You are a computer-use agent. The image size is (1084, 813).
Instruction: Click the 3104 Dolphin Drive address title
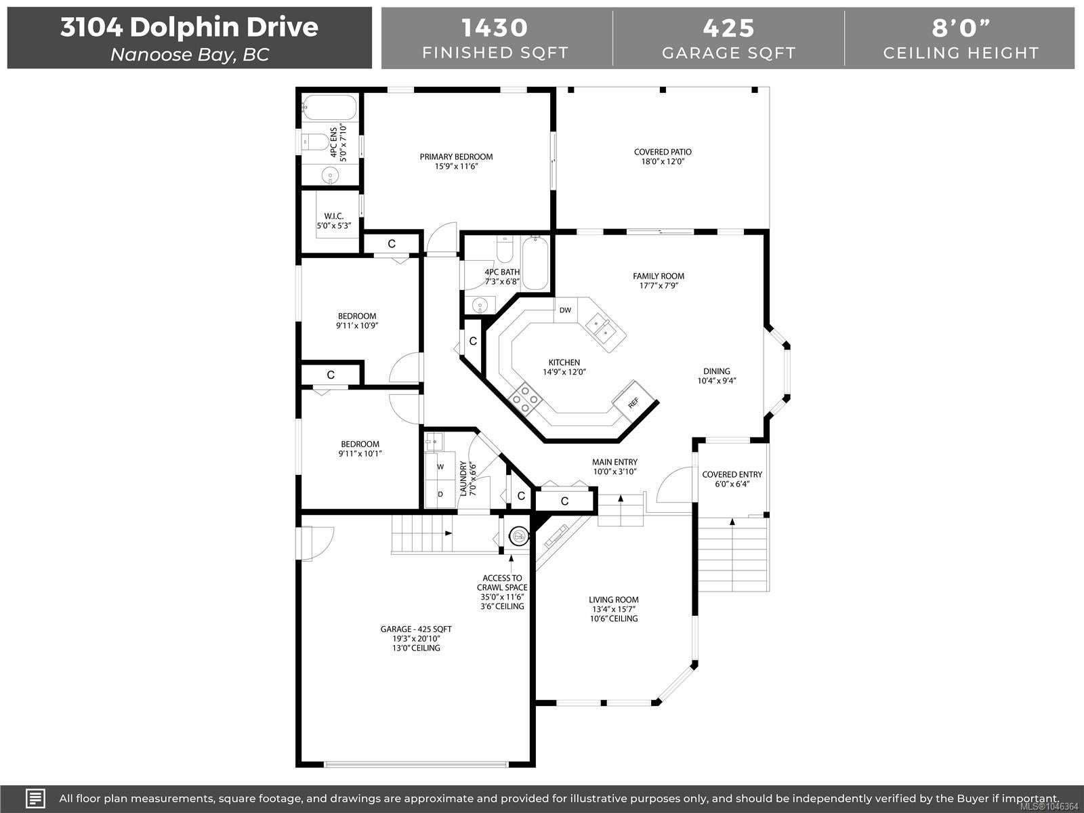coord(189,27)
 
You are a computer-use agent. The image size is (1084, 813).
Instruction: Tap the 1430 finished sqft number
coord(495,28)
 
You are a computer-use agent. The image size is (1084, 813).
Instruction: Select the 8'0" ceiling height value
coord(961,28)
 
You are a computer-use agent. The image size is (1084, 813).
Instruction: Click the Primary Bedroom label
coord(457,157)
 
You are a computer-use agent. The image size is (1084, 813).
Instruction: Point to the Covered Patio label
coord(663,152)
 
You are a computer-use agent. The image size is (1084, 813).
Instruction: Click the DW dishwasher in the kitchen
coord(566,310)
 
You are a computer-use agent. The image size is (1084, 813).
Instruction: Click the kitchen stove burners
coord(526,399)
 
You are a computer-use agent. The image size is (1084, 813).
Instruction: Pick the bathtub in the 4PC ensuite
coord(329,107)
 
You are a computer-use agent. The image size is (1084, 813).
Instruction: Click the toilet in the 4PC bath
coord(505,249)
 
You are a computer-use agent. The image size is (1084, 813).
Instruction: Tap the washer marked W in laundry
coord(440,467)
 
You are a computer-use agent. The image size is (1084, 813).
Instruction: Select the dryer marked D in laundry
coord(440,494)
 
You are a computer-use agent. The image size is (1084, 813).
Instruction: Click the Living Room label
coord(613,600)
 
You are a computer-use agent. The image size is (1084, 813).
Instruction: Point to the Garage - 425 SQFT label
coord(416,629)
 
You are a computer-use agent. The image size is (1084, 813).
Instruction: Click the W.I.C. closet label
coord(334,216)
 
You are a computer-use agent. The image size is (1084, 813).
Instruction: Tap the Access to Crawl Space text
coord(502,583)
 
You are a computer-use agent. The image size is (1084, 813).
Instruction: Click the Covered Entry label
coord(732,474)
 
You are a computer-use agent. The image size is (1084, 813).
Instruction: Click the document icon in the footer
coord(35,798)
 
